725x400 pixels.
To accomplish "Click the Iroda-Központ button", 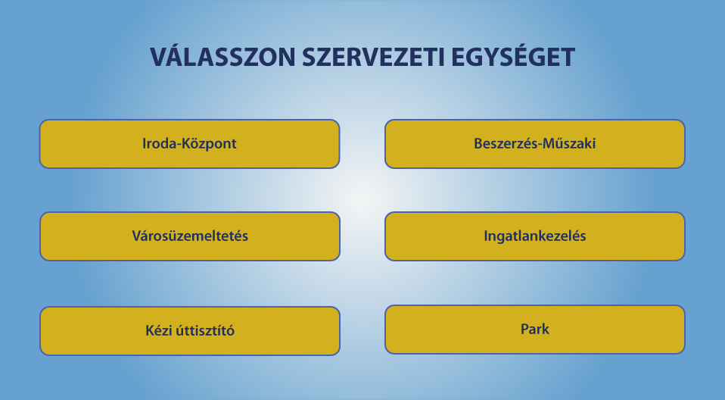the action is pyautogui.click(x=189, y=144).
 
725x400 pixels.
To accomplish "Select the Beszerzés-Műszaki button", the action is pyautogui.click(x=534, y=144).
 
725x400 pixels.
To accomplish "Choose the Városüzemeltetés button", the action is pyautogui.click(x=190, y=236).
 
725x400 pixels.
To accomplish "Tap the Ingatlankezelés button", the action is pyautogui.click(x=534, y=236).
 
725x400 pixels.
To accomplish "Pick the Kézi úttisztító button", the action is pyautogui.click(x=190, y=331).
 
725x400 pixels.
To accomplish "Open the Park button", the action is pyautogui.click(x=534, y=330).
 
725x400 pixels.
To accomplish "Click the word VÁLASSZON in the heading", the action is pyautogui.click(x=222, y=57).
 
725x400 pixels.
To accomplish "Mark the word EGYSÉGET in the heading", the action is pyautogui.click(x=513, y=57).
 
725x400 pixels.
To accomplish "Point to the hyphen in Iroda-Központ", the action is pyautogui.click(x=179, y=145).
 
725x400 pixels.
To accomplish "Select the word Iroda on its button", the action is pyautogui.click(x=160, y=143).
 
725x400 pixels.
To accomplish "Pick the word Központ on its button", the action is pyautogui.click(x=209, y=144).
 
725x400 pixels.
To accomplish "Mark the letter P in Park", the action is pyautogui.click(x=524, y=329).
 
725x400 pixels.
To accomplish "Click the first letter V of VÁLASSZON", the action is pyautogui.click(x=159, y=58).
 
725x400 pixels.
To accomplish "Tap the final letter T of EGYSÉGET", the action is pyautogui.click(x=567, y=58).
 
